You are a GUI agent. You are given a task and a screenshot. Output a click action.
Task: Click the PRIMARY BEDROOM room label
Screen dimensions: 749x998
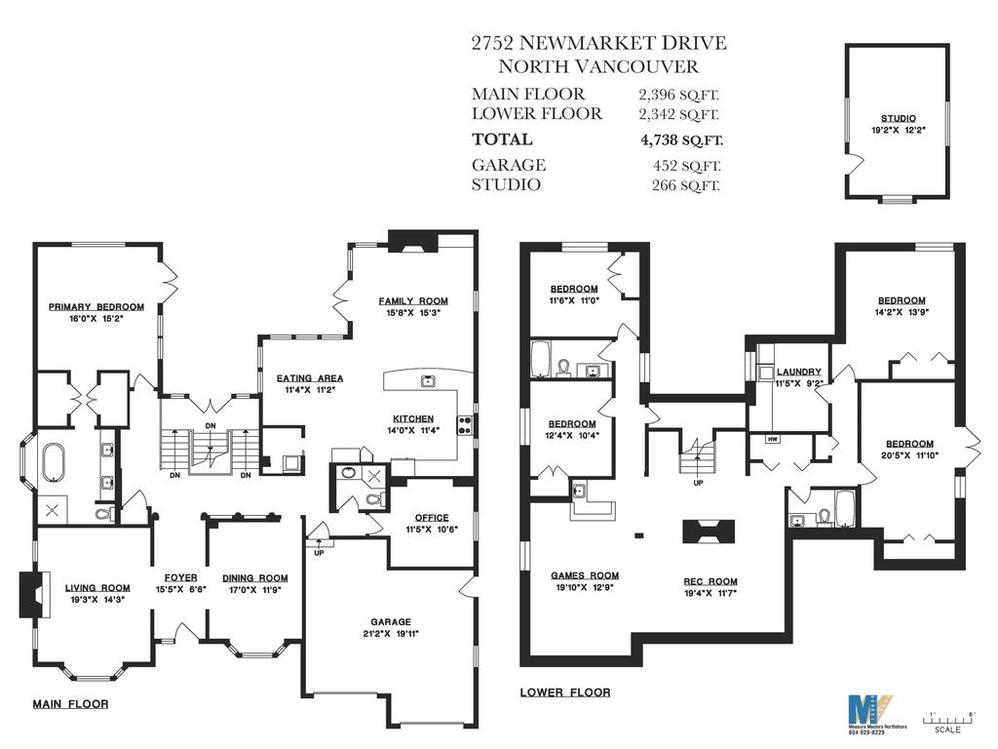coord(96,307)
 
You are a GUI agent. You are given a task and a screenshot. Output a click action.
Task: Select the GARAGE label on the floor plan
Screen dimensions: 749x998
coord(390,621)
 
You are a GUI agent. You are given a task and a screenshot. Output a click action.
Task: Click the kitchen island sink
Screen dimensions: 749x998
coord(427,380)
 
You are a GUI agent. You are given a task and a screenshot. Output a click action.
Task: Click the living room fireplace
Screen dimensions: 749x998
coord(29,594)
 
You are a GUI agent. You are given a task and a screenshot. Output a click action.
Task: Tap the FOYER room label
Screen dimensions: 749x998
coord(180,577)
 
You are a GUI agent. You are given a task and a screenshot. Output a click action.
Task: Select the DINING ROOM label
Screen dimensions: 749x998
coord(249,577)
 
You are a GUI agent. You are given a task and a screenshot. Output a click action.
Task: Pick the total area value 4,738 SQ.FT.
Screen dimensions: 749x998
coord(680,139)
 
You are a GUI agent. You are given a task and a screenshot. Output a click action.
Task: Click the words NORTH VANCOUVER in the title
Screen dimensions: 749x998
coord(598,67)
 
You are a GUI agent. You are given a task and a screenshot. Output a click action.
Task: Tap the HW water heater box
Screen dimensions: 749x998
coord(773,440)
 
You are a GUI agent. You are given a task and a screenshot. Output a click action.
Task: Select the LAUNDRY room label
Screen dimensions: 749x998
coord(799,372)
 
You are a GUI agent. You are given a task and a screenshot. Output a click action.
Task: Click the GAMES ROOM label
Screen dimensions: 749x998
coord(585,575)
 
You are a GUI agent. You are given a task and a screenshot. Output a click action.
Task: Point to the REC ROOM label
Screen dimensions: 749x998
coord(710,581)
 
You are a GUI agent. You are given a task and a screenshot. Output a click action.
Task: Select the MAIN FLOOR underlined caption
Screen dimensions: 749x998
coord(71,703)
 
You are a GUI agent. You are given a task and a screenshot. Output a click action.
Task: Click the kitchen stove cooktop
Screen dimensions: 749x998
coord(465,424)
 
